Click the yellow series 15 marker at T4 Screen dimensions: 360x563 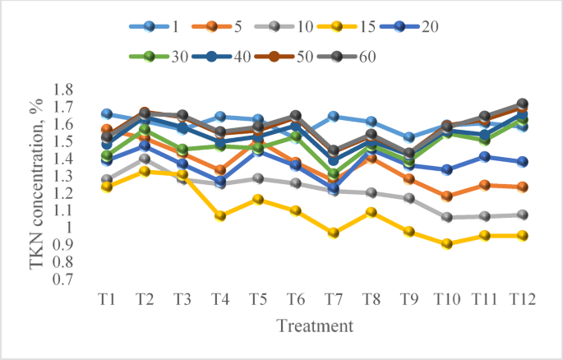pyautogui.click(x=219, y=216)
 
